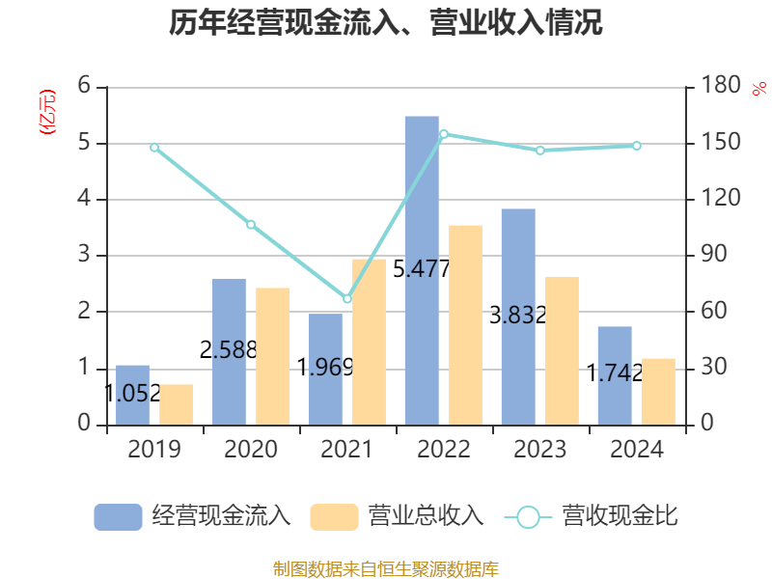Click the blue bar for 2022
(422, 270)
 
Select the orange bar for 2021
(369, 342)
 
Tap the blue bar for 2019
(133, 395)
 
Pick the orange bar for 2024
(658, 392)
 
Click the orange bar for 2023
(562, 350)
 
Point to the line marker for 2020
(251, 225)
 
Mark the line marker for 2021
(347, 299)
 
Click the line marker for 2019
(154, 148)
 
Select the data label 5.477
(422, 270)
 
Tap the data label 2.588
(229, 350)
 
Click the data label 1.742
(615, 373)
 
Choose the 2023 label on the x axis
(540, 450)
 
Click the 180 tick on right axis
(718, 86)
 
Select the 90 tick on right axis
(713, 255)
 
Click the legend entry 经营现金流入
(193, 516)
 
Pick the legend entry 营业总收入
(397, 516)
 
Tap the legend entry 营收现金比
(592, 516)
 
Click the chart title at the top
(386, 23)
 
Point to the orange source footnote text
(386, 568)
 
